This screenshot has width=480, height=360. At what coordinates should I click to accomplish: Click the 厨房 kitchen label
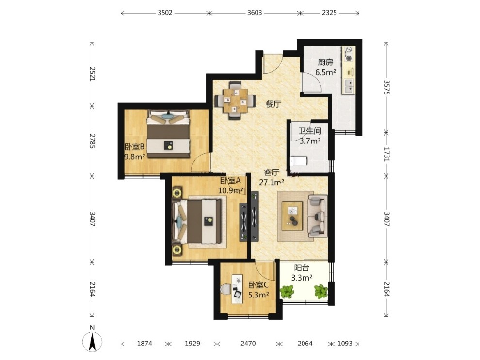[325, 63]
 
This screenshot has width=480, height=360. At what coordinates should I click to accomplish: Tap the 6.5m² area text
[326, 72]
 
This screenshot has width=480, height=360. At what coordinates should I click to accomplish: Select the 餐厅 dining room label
[273, 104]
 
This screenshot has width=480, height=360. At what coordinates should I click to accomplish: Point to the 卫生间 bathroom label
[310, 131]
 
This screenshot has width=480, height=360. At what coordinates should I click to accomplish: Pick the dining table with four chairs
[235, 100]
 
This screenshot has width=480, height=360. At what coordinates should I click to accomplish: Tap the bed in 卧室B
[168, 134]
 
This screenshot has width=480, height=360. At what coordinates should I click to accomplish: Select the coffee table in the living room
[292, 216]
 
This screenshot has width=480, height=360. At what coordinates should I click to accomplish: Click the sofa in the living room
[318, 216]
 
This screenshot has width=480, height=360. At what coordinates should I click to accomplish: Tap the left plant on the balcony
[287, 292]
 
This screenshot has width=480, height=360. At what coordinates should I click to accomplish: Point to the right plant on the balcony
[320, 292]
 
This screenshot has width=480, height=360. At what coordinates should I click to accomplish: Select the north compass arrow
[92, 341]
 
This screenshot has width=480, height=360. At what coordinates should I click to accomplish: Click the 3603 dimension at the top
[255, 13]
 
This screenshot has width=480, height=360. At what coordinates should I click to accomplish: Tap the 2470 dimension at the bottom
[248, 344]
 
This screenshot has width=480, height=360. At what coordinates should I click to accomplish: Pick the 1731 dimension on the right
[386, 154]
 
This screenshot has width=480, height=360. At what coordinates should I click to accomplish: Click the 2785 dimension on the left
[92, 141]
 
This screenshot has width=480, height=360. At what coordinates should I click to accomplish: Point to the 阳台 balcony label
[302, 268]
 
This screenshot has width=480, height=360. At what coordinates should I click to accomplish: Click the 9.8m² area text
[134, 157]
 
